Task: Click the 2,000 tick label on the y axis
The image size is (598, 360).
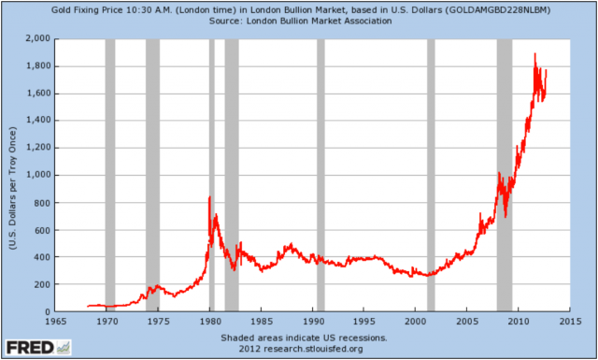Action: [x=36, y=39]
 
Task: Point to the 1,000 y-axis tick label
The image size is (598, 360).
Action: [x=36, y=175]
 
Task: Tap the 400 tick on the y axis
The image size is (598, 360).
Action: [x=40, y=257]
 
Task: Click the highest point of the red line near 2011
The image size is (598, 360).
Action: [x=534, y=54]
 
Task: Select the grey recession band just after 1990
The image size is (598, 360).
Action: [x=320, y=175]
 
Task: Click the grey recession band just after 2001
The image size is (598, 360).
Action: [x=431, y=175]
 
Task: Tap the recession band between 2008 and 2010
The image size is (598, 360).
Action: [x=504, y=175]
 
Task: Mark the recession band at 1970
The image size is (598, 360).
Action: [x=109, y=175]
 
